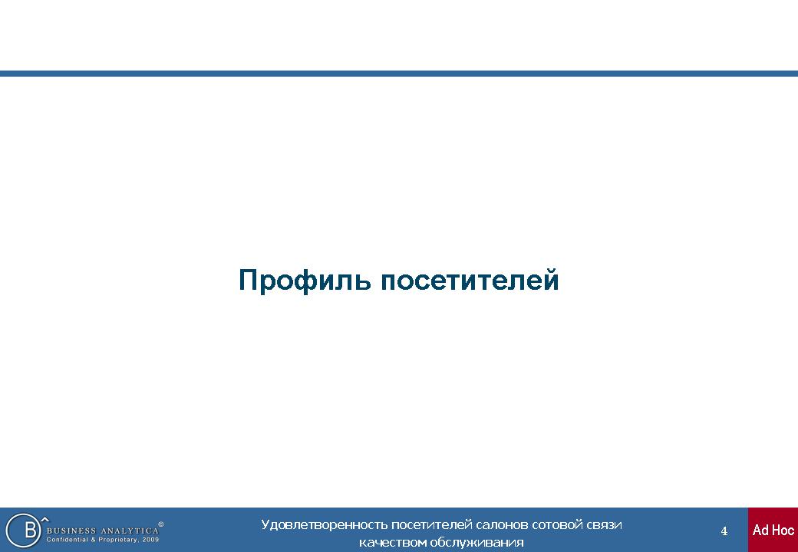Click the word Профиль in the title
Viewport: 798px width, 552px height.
pyautogui.click(x=305, y=281)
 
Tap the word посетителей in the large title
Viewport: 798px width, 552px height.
pyautogui.click(x=470, y=280)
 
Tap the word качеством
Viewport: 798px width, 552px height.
pyautogui.click(x=392, y=542)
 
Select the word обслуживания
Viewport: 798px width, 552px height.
pyautogui.click(x=476, y=543)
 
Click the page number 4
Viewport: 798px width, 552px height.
pyautogui.click(x=724, y=531)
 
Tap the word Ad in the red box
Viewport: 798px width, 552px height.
pyautogui.click(x=760, y=530)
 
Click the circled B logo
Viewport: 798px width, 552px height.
pyautogui.click(x=24, y=530)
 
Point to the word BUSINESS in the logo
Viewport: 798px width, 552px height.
pyautogui.click(x=71, y=531)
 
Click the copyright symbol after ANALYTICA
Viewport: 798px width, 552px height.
pyautogui.click(x=161, y=524)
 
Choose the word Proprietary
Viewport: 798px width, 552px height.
pyautogui.click(x=117, y=540)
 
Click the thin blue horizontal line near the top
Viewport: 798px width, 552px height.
pyautogui.click(x=399, y=73)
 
